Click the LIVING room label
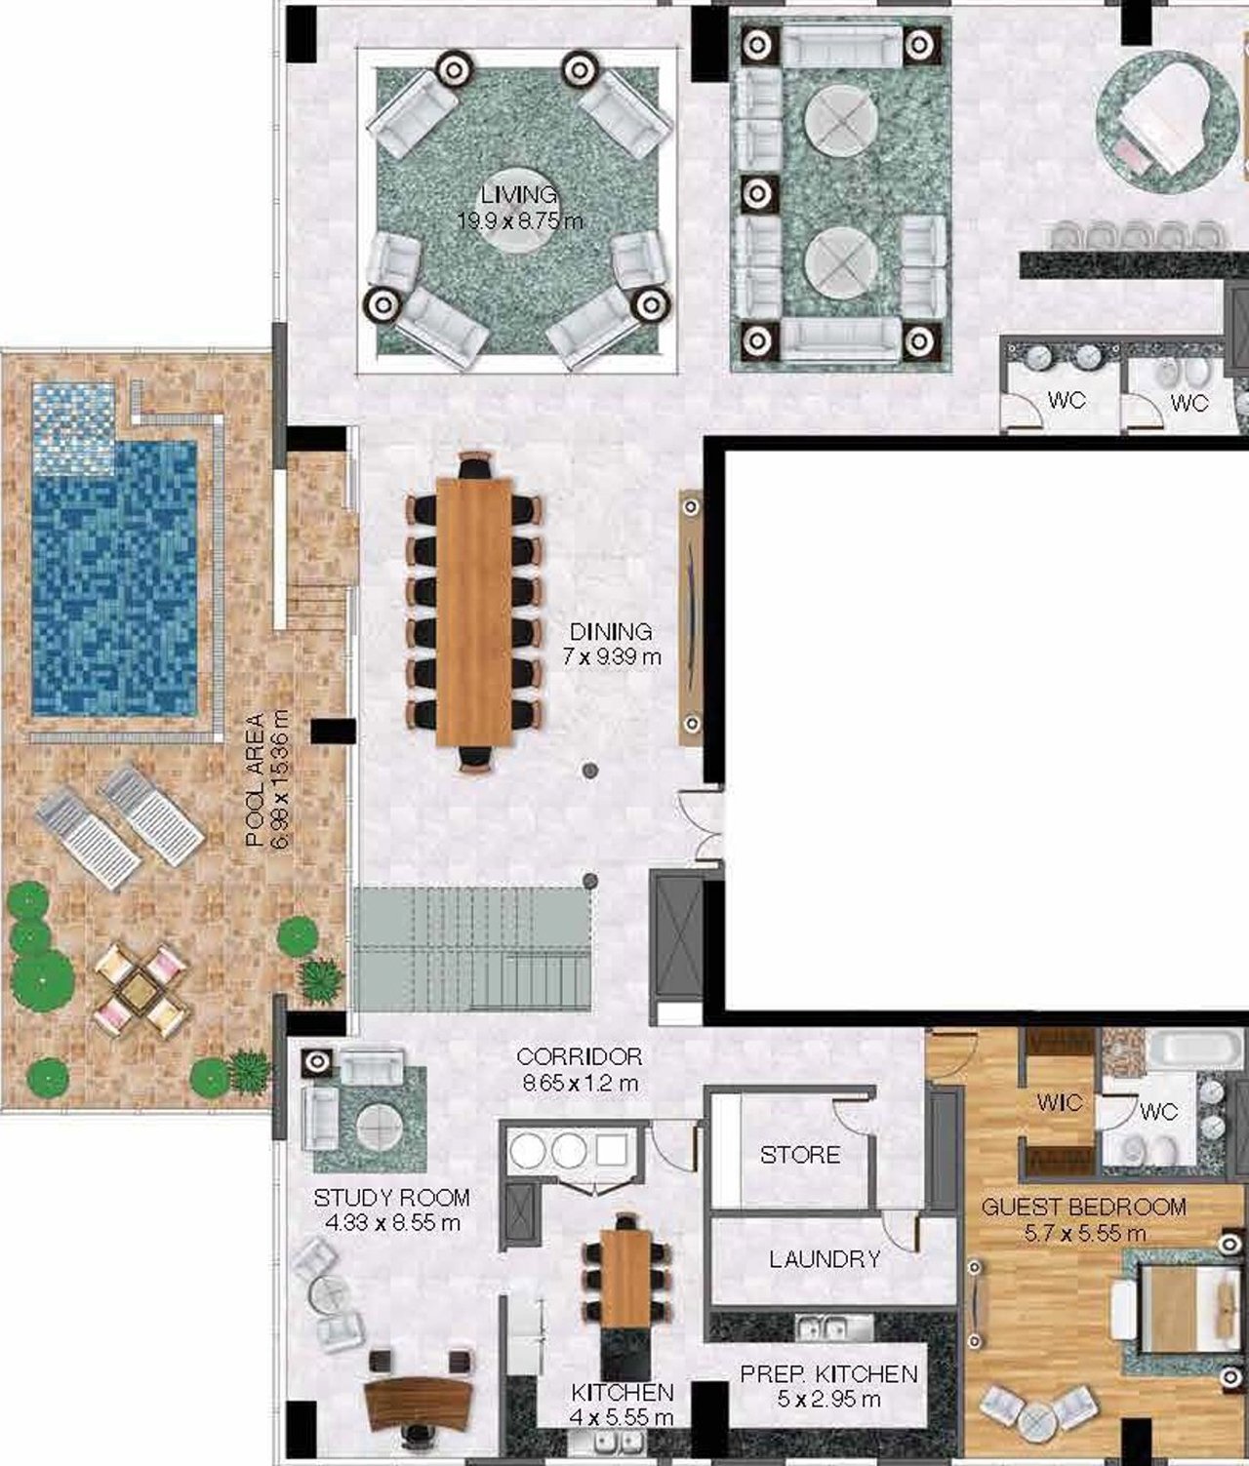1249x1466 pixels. (519, 194)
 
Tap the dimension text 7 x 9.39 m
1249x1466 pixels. (612, 656)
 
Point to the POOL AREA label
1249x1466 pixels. (255, 779)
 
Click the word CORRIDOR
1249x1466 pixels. (579, 1056)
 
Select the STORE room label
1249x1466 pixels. (800, 1155)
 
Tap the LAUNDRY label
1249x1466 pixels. (825, 1259)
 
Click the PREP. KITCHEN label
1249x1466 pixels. (828, 1373)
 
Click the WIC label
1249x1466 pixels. (1059, 1102)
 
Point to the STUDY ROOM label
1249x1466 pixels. (391, 1198)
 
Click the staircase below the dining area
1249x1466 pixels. (472, 948)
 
